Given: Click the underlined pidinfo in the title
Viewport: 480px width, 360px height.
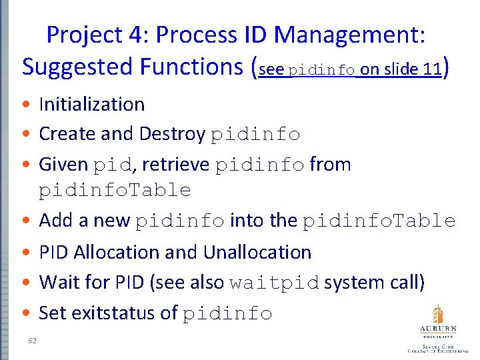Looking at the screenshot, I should tap(323, 70).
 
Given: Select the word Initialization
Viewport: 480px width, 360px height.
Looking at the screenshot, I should tap(92, 104).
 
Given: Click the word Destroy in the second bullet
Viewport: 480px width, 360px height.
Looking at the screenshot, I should tap(172, 134).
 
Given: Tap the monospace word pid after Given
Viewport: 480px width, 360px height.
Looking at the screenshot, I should tap(109, 165).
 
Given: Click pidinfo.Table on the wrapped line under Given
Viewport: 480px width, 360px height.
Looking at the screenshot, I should tap(115, 191).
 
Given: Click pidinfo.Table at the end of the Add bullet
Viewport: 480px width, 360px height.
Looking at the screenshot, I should tap(379, 221).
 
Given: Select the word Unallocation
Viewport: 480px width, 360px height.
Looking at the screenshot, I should tap(257, 252).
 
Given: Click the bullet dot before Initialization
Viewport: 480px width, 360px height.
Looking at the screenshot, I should tap(25, 105).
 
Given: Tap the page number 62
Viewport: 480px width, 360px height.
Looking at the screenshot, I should tap(31, 341).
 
